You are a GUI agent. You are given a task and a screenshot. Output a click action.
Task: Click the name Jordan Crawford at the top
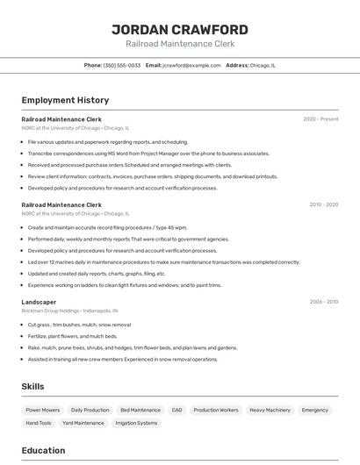click(x=180, y=30)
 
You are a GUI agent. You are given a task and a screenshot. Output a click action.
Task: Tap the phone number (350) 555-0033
click(x=121, y=65)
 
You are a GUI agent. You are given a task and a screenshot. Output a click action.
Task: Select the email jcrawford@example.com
click(x=190, y=65)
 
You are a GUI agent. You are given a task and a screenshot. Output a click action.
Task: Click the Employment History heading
click(x=65, y=100)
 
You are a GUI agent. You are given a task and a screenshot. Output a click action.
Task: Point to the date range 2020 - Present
click(x=320, y=118)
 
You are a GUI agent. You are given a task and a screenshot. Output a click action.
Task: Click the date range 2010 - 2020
click(x=323, y=204)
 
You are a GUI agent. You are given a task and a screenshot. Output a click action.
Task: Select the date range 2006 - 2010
click(x=323, y=302)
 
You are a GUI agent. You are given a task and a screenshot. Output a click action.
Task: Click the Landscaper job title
click(x=39, y=302)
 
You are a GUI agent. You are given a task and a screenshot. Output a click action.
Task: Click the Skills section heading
click(x=32, y=386)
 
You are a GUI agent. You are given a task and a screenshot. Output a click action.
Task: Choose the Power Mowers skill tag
click(x=43, y=410)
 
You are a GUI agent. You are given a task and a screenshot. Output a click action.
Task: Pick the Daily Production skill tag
click(x=90, y=410)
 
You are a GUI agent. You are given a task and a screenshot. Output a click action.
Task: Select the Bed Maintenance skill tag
click(x=140, y=410)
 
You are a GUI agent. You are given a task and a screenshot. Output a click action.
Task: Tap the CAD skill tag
click(x=176, y=410)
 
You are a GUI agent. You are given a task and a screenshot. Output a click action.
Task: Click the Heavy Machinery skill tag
click(x=270, y=410)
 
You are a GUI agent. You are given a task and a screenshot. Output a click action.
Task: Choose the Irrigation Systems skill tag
click(x=136, y=423)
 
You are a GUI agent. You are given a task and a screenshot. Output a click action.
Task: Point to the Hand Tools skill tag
click(x=39, y=423)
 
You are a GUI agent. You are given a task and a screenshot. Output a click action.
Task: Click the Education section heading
click(x=43, y=451)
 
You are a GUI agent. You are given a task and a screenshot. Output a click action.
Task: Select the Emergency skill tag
click(x=315, y=410)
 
